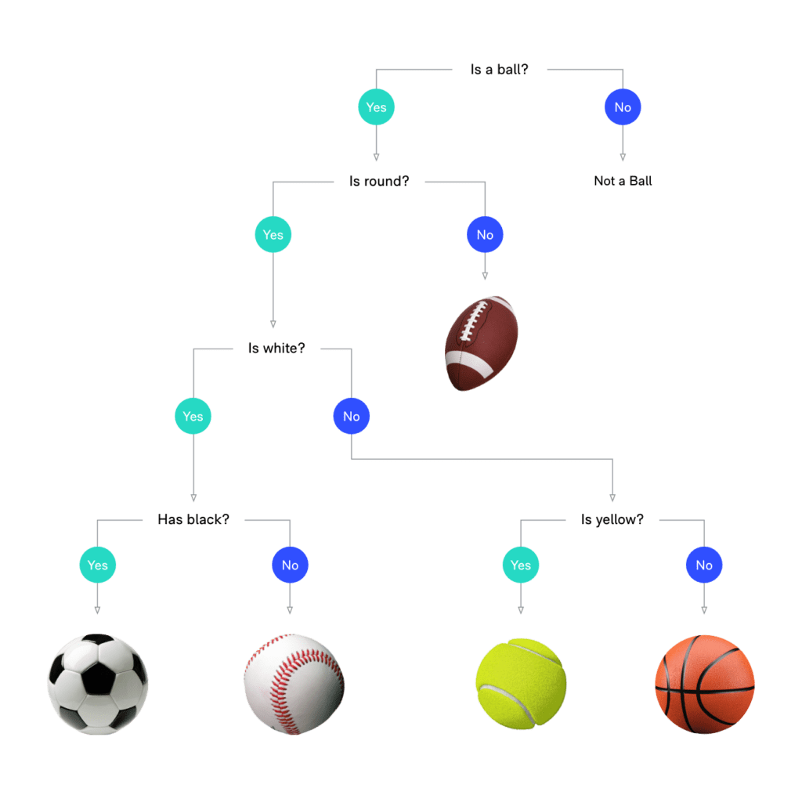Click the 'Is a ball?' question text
pyautogui.click(x=499, y=70)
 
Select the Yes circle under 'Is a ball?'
pyautogui.click(x=376, y=107)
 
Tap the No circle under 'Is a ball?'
pyautogui.click(x=623, y=107)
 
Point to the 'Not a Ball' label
pyautogui.click(x=623, y=181)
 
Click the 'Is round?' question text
pyautogui.click(x=379, y=181)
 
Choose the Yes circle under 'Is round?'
pyautogui.click(x=273, y=234)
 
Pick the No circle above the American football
pyautogui.click(x=485, y=234)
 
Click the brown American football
pyautogui.click(x=481, y=343)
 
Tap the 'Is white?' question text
pyautogui.click(x=276, y=349)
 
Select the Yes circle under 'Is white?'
pyautogui.click(x=193, y=416)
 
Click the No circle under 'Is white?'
pyautogui.click(x=352, y=416)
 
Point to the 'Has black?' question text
pyautogui.click(x=193, y=519)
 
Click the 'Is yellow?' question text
pyautogui.click(x=612, y=520)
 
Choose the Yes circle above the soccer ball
pyautogui.click(x=98, y=565)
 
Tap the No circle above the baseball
pyautogui.click(x=290, y=565)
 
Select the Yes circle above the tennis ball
pyautogui.click(x=521, y=565)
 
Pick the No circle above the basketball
pyautogui.click(x=704, y=565)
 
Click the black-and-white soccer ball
pyautogui.click(x=98, y=685)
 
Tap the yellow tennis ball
pyautogui.click(x=521, y=684)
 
